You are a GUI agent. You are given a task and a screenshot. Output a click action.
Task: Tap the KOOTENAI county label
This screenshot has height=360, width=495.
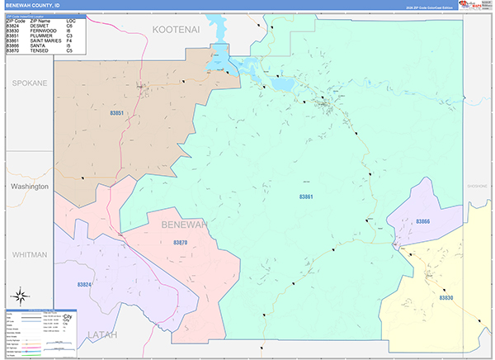(177, 29)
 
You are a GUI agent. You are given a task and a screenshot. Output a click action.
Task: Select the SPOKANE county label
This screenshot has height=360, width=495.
(29, 83)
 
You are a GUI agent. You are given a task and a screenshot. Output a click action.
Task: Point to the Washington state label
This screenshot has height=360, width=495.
(29, 187)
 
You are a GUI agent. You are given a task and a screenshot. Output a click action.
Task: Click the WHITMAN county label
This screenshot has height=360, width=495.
(29, 254)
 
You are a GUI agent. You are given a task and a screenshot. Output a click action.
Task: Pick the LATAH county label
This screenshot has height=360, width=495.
(102, 334)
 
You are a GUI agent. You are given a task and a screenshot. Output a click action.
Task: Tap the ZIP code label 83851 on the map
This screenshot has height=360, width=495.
(117, 113)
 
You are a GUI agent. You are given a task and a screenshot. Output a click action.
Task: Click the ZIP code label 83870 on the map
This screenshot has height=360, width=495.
(181, 242)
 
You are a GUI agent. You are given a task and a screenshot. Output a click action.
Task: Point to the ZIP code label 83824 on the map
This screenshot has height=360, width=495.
(84, 284)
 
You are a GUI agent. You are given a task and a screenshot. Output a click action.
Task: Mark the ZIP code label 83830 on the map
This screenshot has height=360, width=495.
(446, 297)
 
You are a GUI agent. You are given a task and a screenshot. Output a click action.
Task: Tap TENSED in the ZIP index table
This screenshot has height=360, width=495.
(39, 51)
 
